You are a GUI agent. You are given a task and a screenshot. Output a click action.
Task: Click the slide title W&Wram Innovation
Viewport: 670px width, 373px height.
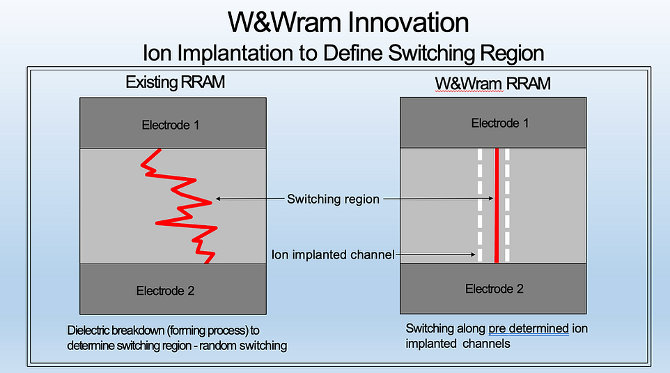348,22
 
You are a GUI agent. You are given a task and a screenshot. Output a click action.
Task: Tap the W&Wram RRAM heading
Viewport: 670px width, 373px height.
492,84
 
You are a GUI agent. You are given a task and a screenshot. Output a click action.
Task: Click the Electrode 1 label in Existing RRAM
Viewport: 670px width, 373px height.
171,125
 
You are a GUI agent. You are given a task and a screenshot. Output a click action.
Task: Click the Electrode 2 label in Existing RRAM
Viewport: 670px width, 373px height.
166,291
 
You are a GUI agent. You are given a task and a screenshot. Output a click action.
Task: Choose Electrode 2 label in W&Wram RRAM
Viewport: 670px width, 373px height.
494,289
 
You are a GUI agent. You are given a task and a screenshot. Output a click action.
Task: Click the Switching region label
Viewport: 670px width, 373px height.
333,199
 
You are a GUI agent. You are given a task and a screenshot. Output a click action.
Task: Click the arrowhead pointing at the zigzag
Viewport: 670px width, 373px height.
217,199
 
